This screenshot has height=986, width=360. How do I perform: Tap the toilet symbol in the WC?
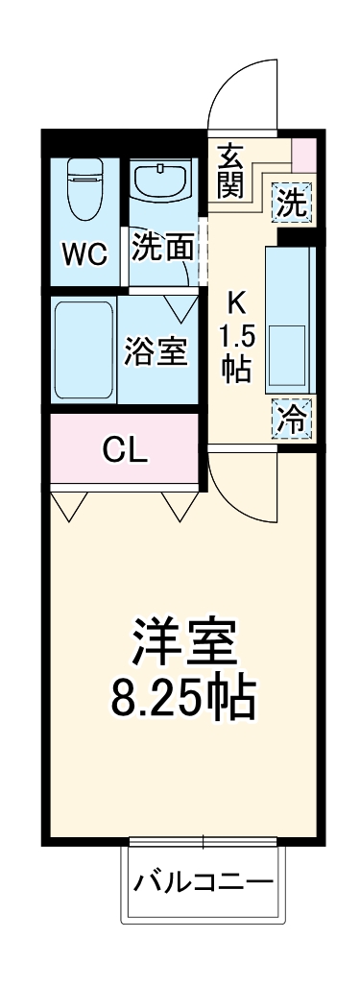tap(84, 188)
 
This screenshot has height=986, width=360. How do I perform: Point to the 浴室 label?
tap(156, 351)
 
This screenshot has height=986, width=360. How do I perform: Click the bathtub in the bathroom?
tap(84, 351)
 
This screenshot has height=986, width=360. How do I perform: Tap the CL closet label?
tap(125, 449)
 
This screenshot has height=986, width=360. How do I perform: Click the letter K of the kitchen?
tap(236, 303)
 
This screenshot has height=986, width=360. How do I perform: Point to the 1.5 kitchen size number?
tap(236, 338)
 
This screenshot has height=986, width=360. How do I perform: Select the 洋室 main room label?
tap(184, 641)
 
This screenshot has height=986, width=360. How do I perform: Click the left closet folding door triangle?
tap(69, 504)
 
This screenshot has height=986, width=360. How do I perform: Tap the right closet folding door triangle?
tap(180, 504)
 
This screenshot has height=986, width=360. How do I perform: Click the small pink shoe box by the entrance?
tap(303, 155)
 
